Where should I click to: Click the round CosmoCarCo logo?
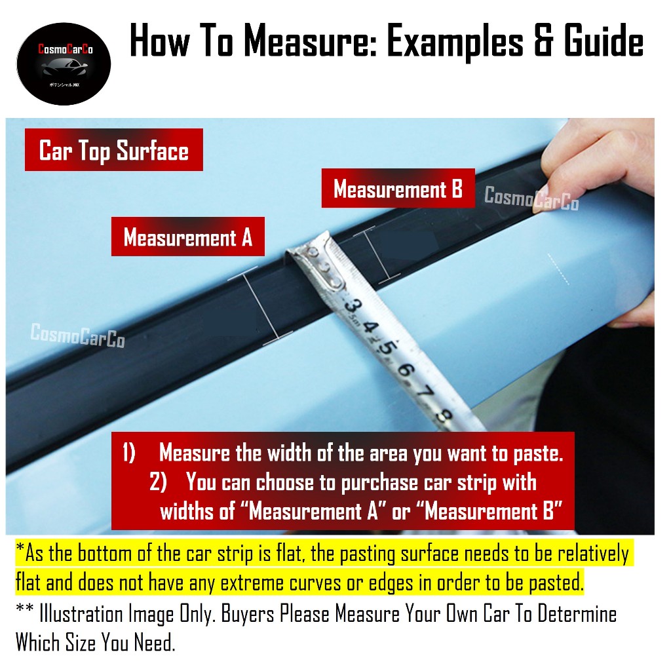click(64, 64)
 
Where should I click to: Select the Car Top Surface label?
click(114, 150)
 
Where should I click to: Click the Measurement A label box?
click(187, 237)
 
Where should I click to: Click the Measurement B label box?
click(398, 189)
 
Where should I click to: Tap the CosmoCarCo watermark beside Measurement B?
click(531, 197)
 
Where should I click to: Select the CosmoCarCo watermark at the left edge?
click(77, 335)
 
